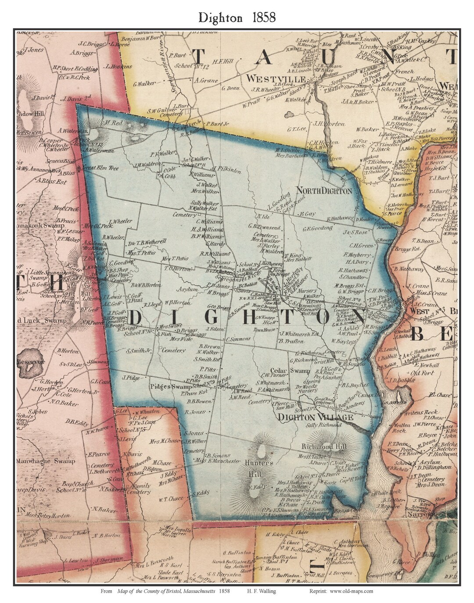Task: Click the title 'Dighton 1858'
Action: (x=237, y=17)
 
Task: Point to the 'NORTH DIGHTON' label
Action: (x=324, y=191)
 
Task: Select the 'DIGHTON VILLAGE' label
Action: (x=316, y=417)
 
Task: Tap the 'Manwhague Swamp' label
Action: (x=46, y=461)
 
